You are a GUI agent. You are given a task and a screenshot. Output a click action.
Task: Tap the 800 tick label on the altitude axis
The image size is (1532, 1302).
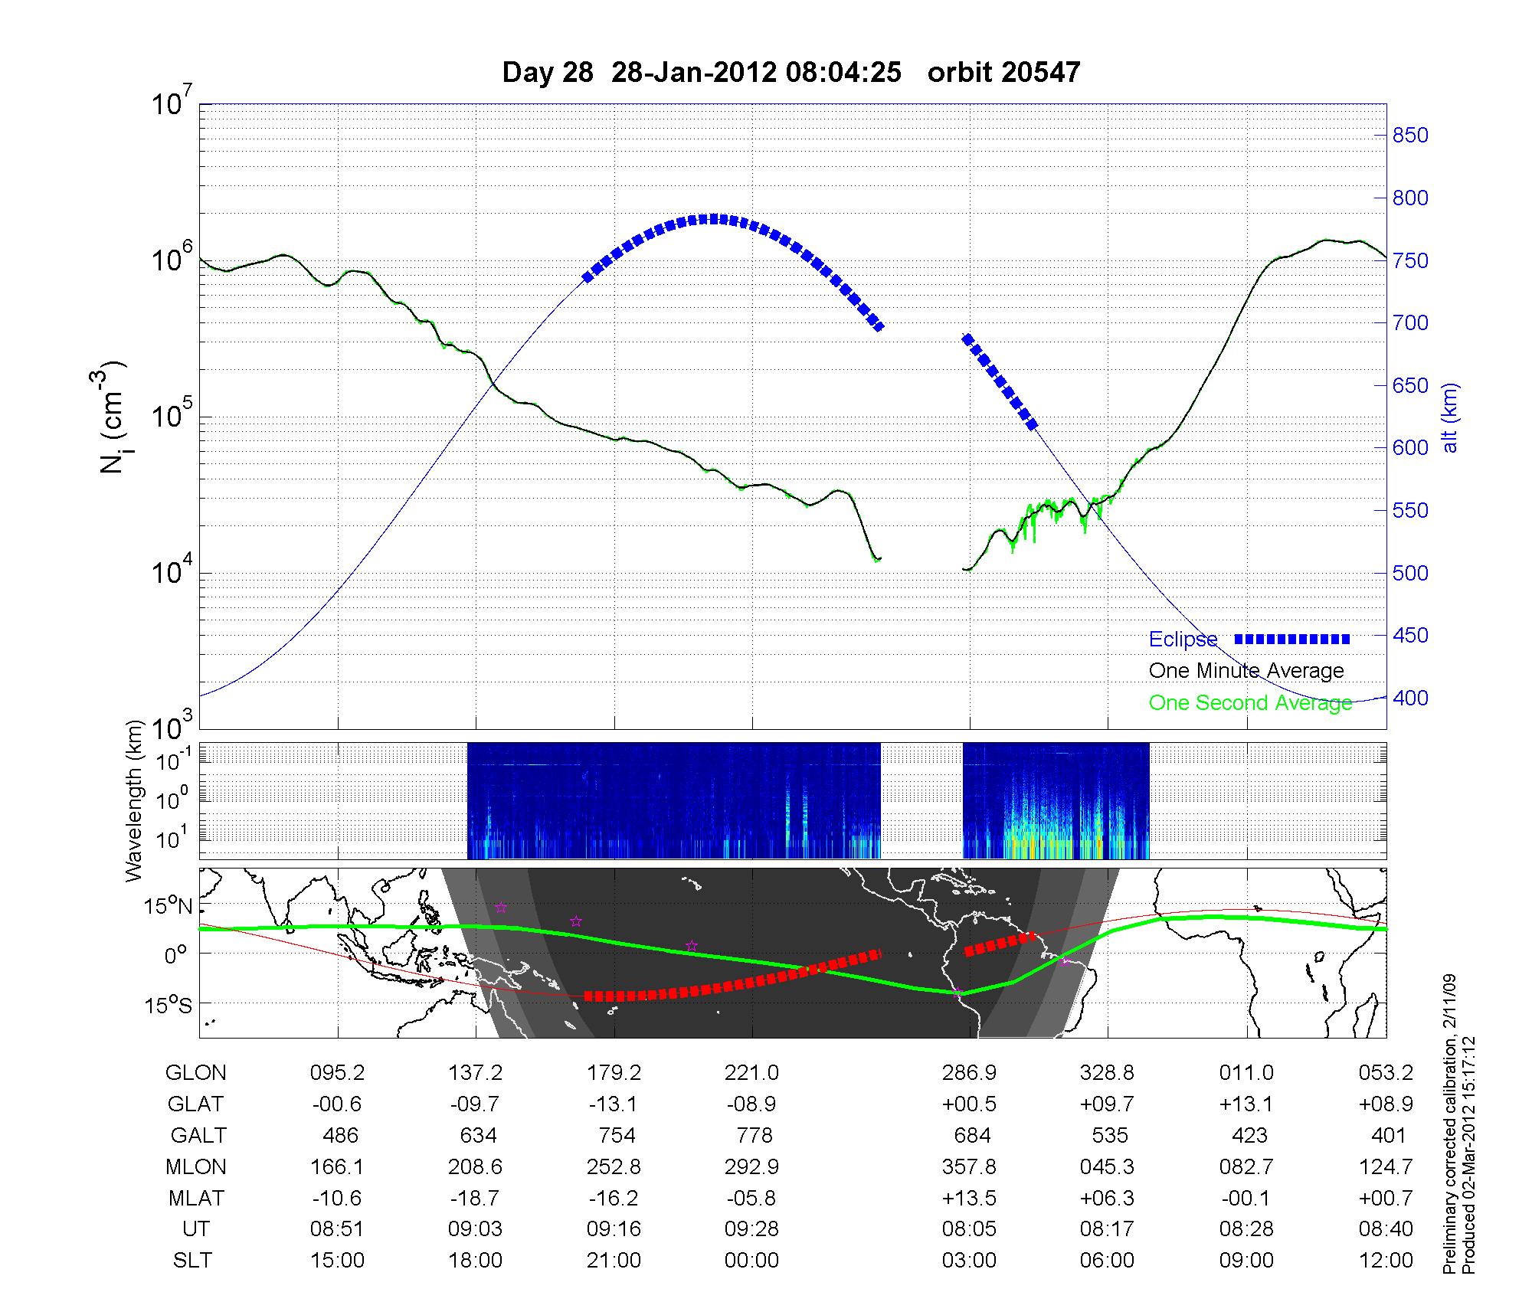coord(1410,198)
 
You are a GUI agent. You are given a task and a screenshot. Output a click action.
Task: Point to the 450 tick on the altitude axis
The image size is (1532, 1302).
coord(1410,636)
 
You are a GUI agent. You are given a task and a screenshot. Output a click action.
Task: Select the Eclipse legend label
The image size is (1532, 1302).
coord(1183,640)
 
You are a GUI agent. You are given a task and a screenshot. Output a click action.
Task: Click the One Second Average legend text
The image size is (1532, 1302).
coord(1250,703)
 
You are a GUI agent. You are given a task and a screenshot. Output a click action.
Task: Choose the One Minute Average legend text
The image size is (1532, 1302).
coord(1246,671)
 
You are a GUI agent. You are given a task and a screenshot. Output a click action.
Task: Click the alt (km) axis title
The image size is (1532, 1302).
coord(1450,417)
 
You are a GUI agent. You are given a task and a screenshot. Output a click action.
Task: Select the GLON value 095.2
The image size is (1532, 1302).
coord(337,1073)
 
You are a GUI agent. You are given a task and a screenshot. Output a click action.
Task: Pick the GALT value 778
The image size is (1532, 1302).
coord(751,1135)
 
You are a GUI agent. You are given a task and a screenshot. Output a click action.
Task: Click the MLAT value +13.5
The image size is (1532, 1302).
coord(969,1198)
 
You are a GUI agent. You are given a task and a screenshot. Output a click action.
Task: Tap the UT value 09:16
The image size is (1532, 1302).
coord(614,1229)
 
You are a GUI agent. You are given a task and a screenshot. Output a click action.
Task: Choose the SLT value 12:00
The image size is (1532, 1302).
coord(1388,1261)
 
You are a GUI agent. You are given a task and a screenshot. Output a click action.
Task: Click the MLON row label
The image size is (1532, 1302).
coord(195,1167)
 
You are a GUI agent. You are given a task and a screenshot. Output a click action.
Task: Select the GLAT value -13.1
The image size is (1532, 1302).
coord(614,1104)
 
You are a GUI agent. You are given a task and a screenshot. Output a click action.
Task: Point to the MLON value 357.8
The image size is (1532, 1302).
coord(969,1167)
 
